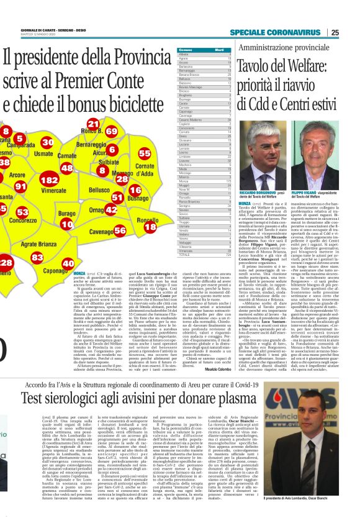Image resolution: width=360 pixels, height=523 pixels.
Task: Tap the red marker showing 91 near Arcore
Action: point(20,186)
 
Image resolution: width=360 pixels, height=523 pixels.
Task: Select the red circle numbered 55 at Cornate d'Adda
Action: point(145,153)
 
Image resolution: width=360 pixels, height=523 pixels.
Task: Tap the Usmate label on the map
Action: point(43,153)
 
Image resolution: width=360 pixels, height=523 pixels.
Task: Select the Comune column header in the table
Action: point(185,49)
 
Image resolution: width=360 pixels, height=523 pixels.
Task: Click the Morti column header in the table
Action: point(219,49)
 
